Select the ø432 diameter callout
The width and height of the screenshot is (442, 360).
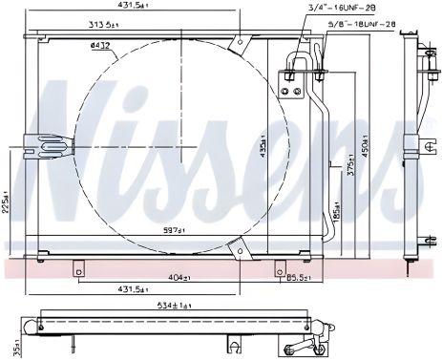[x=98, y=45]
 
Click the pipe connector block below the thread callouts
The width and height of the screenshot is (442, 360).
[x=294, y=83]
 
